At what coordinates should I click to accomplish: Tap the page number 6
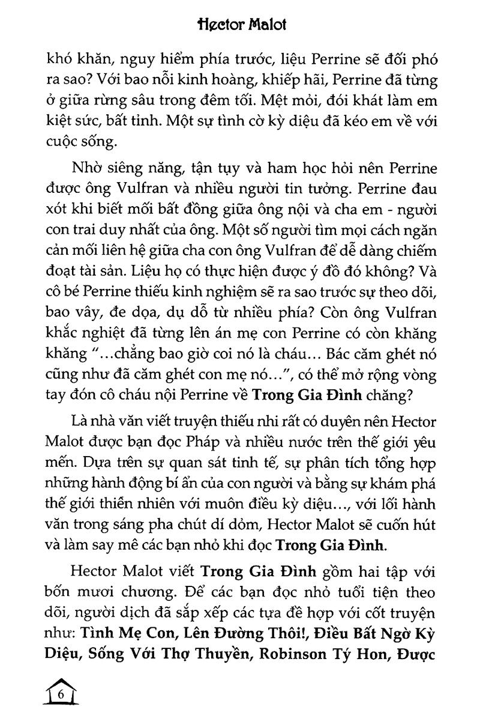click(61, 695)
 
